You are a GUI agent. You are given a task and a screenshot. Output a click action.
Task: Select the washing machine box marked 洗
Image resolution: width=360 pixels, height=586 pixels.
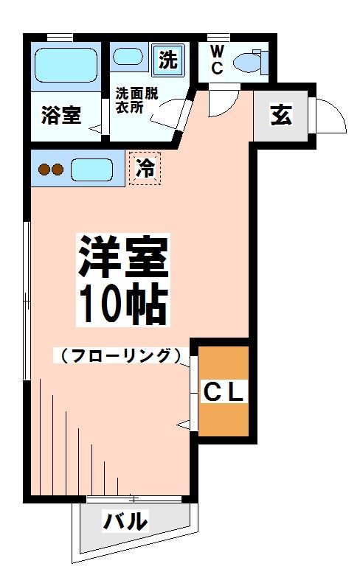click(x=168, y=60)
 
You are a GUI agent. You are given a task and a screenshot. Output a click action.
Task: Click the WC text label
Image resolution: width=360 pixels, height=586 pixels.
click(x=216, y=60)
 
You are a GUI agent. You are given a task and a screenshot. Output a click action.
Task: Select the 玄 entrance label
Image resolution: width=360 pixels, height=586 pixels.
click(x=280, y=116)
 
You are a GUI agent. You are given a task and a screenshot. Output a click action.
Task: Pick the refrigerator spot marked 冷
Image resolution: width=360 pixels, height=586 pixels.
click(x=145, y=169)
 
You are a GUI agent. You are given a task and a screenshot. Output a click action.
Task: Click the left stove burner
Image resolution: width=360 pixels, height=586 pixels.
click(x=44, y=170)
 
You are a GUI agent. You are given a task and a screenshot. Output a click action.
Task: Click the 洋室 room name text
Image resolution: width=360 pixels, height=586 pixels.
click(x=123, y=256)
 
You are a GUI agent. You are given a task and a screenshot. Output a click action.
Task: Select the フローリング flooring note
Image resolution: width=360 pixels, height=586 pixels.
click(x=118, y=355)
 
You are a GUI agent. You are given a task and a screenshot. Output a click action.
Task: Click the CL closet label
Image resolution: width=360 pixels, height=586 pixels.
click(x=224, y=391)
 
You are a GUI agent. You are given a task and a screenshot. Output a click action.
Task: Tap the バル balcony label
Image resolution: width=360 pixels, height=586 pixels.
click(x=125, y=521)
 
